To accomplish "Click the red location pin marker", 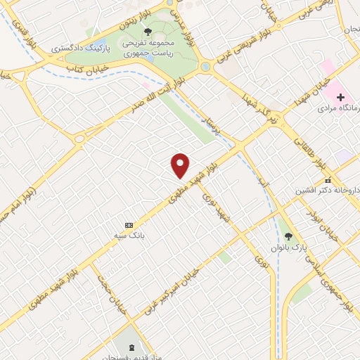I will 181,165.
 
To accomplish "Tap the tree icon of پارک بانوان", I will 288,236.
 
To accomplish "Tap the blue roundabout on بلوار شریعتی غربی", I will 205,67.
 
